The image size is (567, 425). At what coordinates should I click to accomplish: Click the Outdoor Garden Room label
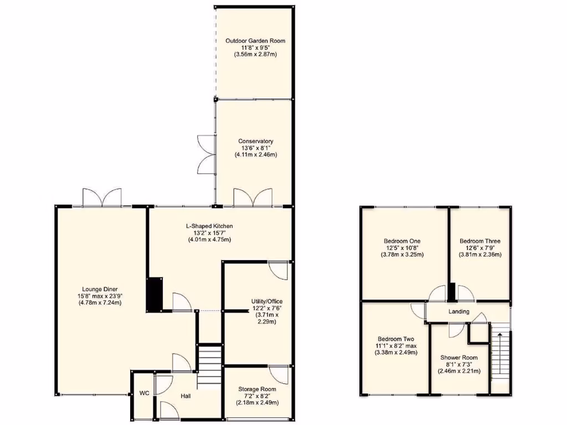click(x=255, y=41)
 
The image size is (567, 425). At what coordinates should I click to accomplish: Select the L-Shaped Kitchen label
click(x=209, y=226)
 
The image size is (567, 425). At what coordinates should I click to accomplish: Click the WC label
click(x=145, y=393)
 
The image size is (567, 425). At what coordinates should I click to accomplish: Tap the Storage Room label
click(x=257, y=390)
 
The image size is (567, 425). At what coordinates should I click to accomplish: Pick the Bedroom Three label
click(x=480, y=241)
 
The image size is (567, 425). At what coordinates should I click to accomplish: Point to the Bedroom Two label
click(x=396, y=339)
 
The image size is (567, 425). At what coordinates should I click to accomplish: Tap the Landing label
click(x=458, y=312)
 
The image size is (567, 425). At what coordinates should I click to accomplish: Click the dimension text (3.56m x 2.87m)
click(x=255, y=55)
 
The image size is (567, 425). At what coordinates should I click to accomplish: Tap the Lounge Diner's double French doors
click(x=102, y=198)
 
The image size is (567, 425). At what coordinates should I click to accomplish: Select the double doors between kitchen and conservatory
click(x=253, y=198)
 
